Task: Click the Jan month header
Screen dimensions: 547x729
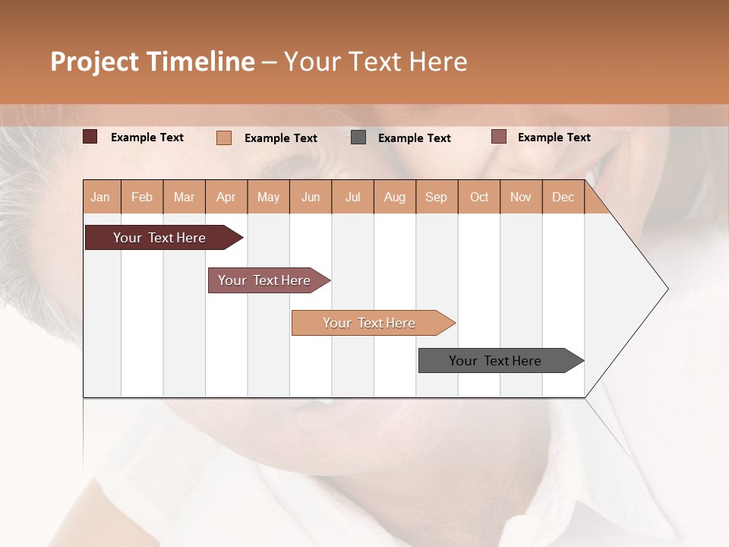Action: point(100,197)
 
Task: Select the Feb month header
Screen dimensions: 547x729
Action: point(142,197)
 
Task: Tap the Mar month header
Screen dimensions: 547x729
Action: point(184,197)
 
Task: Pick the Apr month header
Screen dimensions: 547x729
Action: point(226,197)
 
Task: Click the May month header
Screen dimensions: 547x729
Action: point(268,197)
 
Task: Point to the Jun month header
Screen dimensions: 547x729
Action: point(311,197)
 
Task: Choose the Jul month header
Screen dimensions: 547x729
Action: point(352,197)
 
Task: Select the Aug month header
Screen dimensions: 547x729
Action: point(395,197)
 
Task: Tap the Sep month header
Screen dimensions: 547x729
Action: point(437,197)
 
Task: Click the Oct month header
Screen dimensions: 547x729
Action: point(479,197)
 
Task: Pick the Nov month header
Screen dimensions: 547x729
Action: point(521,197)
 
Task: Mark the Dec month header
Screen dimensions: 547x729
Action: point(563,197)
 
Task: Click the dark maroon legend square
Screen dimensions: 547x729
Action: point(90,137)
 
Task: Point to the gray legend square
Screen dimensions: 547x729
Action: point(358,138)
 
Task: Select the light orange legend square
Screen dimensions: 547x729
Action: point(224,138)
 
